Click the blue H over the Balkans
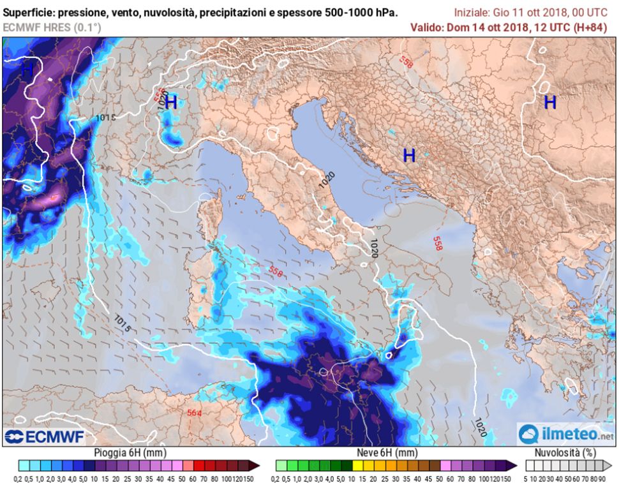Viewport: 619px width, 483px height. click(x=409, y=155)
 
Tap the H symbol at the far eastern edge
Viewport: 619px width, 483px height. click(x=549, y=102)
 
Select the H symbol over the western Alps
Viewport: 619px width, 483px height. click(x=171, y=103)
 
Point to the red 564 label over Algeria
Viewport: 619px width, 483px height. click(x=195, y=413)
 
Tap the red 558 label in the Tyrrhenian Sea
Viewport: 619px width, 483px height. click(x=275, y=272)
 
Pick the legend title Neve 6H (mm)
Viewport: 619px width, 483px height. click(x=387, y=453)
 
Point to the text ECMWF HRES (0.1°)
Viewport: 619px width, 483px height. click(x=46, y=27)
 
